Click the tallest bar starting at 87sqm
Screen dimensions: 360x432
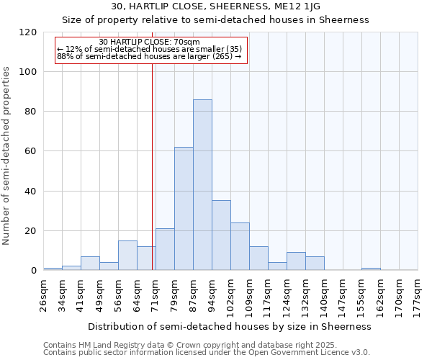202,185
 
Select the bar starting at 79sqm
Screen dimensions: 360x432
184,209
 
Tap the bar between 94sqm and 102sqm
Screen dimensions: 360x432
221,235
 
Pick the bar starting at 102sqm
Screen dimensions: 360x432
240,246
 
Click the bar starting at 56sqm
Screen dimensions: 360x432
127,256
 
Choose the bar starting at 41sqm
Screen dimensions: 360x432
90,264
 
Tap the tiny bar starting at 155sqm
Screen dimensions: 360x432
371,269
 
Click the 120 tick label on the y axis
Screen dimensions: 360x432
28,32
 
